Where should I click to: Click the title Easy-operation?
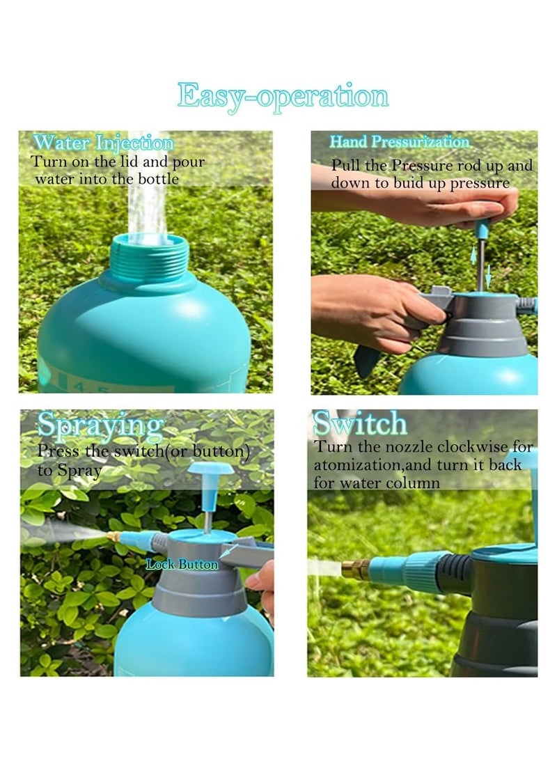click(282, 96)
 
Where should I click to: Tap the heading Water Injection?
click(103, 143)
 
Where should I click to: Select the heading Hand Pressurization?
click(400, 142)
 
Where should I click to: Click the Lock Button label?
click(182, 565)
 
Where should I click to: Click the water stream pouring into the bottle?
click(147, 202)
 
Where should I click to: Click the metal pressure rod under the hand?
click(480, 263)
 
